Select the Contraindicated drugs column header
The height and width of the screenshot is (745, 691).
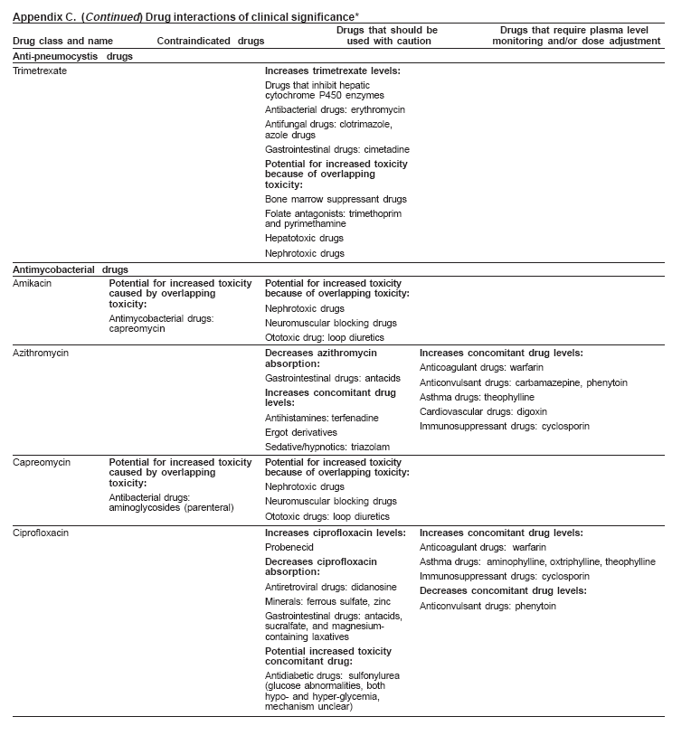210,42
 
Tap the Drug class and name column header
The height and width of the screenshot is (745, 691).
62,42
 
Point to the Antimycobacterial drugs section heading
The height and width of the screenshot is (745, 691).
71,269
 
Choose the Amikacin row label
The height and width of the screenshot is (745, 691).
33,284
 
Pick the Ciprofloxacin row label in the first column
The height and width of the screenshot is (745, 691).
41,533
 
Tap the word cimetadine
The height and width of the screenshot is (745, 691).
386,149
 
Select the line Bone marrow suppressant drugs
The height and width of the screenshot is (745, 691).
336,199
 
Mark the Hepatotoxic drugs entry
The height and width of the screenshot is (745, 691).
304,238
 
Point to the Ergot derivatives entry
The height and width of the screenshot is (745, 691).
301,433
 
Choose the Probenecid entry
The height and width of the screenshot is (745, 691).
289,548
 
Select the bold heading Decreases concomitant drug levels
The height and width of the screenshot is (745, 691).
503,590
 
